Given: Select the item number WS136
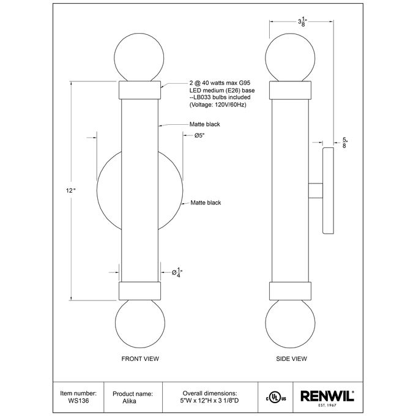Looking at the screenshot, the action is [78, 401].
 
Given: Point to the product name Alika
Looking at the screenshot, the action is [129, 401].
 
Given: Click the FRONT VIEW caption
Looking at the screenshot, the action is [140, 358].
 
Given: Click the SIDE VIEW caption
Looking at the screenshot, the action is [291, 358].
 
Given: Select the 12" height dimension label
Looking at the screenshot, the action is [71, 190].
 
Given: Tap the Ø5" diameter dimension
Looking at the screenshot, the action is [199, 136].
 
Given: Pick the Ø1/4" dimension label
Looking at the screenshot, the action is [177, 272].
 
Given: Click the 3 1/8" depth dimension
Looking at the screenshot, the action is [302, 22].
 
